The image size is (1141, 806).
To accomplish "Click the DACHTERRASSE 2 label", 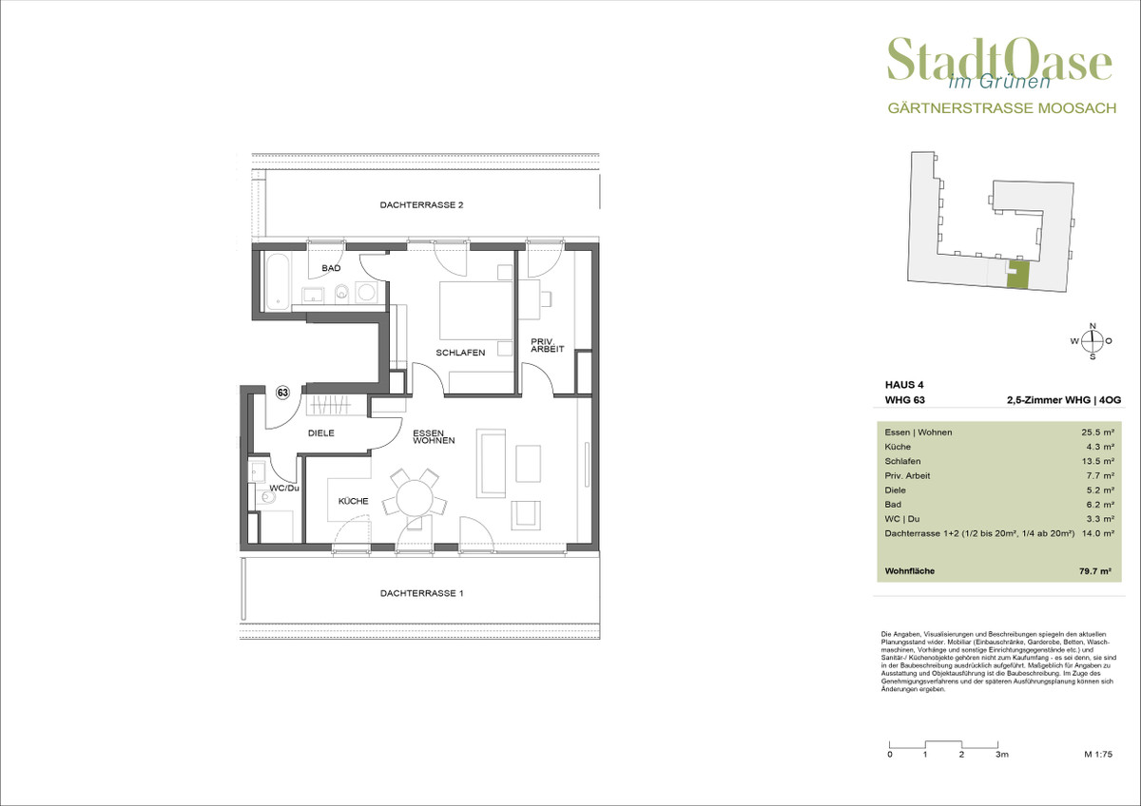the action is click(421, 205).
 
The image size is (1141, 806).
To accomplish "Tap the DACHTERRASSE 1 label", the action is click(422, 593).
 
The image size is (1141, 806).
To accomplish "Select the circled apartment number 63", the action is click(282, 393).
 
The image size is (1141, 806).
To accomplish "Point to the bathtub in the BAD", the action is click(277, 281).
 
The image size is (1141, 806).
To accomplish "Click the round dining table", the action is click(415, 498).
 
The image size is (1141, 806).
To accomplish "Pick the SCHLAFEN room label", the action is click(460, 353).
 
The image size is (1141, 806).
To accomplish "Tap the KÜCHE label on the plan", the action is click(353, 501).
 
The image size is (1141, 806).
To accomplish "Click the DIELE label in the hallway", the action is click(321, 432).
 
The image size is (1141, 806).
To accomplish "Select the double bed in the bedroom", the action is click(475, 311).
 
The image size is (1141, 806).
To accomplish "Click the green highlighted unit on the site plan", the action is click(1018, 277).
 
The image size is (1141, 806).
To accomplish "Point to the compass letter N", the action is click(1093, 326).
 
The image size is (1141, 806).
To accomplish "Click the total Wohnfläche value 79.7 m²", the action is click(1094, 571).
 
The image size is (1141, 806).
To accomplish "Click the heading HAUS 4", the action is click(904, 385).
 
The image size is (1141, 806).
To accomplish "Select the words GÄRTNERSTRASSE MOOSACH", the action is click(1002, 108).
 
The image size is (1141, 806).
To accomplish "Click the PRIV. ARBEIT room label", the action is click(547, 345).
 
